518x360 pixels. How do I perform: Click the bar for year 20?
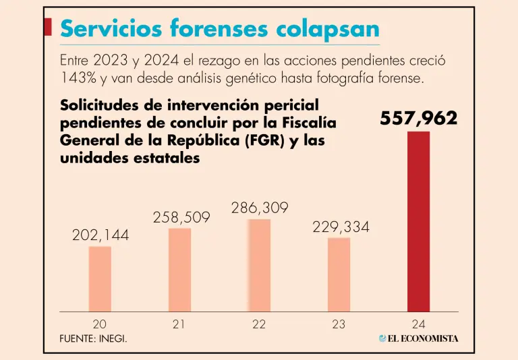tap(100, 278)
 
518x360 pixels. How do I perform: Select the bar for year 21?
tap(179, 270)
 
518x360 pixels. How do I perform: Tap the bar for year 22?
tap(259, 265)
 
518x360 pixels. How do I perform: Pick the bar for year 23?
tap(339, 274)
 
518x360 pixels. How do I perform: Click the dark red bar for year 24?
tap(418, 221)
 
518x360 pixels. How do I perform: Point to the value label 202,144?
tap(100, 236)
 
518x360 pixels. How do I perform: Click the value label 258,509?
tap(181, 218)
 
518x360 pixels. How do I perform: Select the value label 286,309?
tap(260, 208)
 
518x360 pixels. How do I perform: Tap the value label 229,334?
tap(341, 227)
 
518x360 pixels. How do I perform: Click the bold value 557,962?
tap(418, 119)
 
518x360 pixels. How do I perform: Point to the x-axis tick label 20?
tap(100, 324)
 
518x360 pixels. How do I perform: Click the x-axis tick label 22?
tap(259, 324)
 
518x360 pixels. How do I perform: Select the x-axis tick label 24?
tap(418, 324)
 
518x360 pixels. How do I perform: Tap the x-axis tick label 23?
tap(339, 324)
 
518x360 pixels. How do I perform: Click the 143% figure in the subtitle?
tap(76, 78)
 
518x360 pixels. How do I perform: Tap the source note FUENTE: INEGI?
tap(93, 338)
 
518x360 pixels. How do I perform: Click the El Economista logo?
tap(418, 338)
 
